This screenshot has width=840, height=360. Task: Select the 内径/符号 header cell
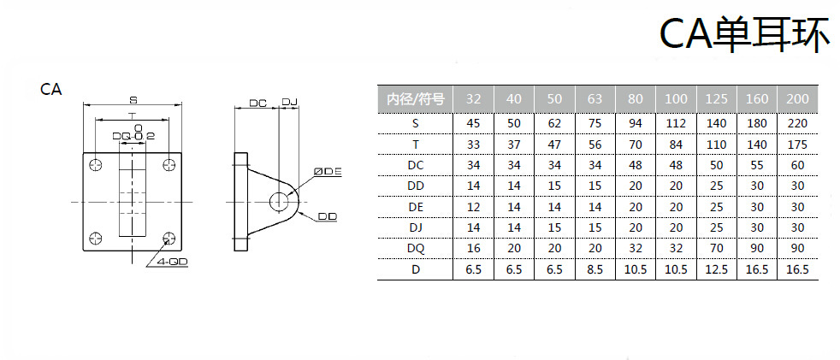pos(415,98)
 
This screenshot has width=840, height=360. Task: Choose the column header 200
pos(797,98)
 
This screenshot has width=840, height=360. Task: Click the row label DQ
pos(415,248)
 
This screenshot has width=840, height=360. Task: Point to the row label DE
pos(415,206)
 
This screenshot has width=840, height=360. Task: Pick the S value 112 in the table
pos(676,123)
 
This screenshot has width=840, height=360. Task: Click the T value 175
pos(797,144)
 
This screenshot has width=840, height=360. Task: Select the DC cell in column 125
pos(717,164)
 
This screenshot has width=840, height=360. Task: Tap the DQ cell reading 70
pos(717,248)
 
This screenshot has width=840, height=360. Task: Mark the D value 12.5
pos(717,269)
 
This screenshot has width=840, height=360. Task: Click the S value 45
pos(473,123)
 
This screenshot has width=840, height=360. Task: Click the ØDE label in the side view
pos(328,171)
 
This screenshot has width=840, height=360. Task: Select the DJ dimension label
pos(289,103)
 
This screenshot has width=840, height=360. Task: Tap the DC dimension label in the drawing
pos(257,103)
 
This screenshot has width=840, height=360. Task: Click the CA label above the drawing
pos(51,89)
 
